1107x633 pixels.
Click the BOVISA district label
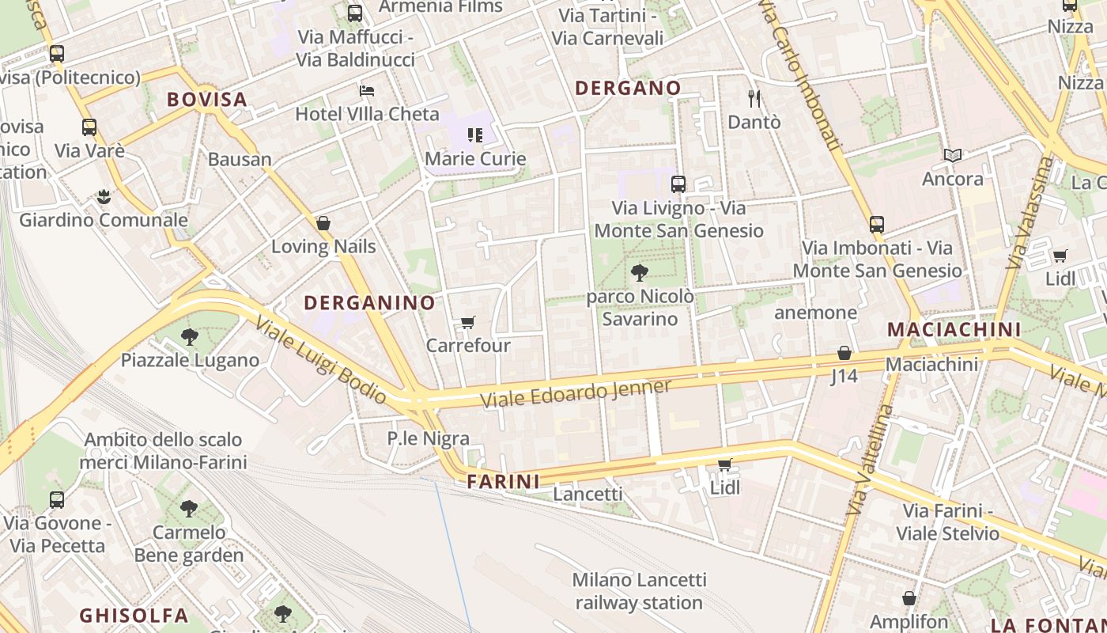click(207, 100)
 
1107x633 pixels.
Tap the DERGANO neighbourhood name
click(628, 88)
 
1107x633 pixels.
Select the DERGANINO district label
click(369, 302)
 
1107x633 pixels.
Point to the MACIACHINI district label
click(954, 329)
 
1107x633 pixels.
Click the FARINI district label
click(503, 481)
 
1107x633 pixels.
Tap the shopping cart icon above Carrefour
click(467, 322)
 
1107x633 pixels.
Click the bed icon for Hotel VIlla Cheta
click(367, 90)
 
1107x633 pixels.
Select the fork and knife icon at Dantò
click(754, 98)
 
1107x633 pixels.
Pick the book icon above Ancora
click(953, 155)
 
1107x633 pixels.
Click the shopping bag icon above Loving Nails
click(323, 223)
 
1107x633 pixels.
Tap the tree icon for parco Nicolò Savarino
click(640, 273)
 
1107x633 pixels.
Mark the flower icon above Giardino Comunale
click(104, 196)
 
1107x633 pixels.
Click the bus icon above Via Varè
click(89, 127)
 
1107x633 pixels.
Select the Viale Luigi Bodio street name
click(319, 362)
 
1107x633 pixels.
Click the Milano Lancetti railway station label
click(639, 591)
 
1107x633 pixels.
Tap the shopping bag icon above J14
click(844, 353)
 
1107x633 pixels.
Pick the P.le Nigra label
click(428, 438)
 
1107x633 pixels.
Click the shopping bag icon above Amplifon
click(909, 598)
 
